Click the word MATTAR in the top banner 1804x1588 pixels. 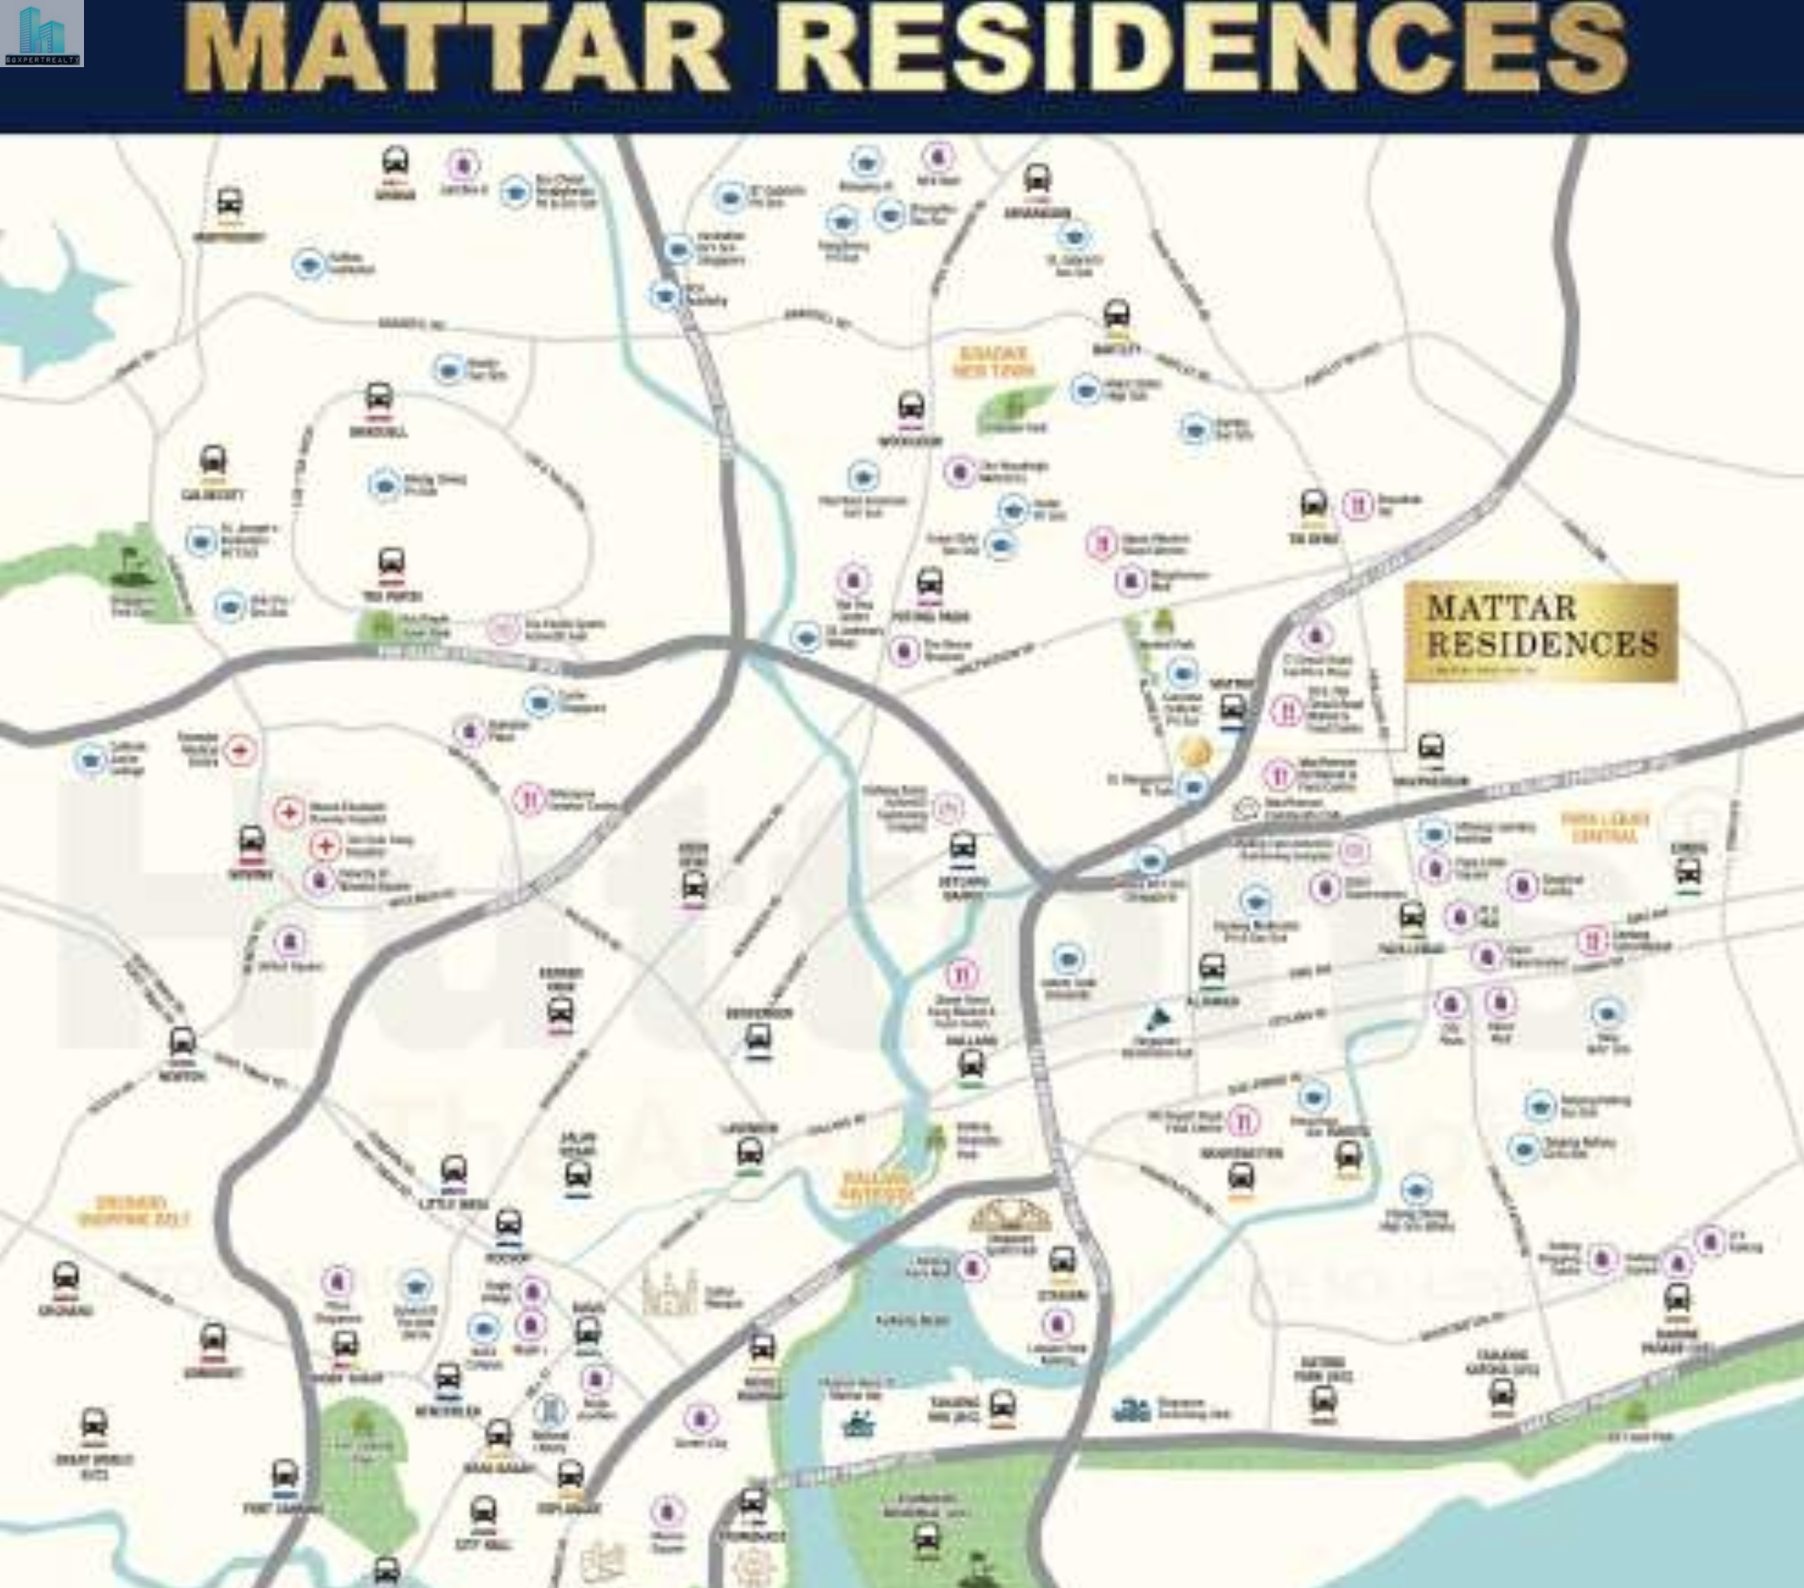[455, 49]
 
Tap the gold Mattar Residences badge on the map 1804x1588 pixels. [1541, 632]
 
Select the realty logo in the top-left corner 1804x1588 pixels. [41, 34]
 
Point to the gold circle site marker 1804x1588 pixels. [1195, 753]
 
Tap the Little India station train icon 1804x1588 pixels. [454, 1172]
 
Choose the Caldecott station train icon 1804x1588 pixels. [212, 462]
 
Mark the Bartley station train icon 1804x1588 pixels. [1116, 316]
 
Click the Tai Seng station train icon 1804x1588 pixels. [1314, 505]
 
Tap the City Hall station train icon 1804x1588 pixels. [483, 1512]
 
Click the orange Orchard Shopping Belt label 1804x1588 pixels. [133, 1211]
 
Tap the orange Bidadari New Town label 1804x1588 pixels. [994, 362]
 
